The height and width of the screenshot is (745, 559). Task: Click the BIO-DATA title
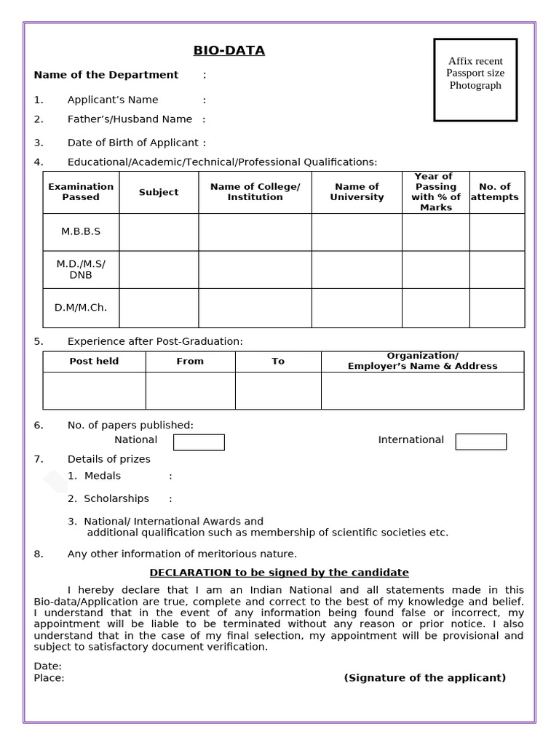pos(229,50)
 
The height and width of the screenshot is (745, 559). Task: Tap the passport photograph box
pos(475,79)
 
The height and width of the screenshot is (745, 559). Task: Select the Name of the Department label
pos(106,75)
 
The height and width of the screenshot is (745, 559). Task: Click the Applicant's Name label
pos(113,100)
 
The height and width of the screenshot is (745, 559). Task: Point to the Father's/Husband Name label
pos(130,119)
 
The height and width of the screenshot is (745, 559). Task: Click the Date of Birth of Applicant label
pos(132,143)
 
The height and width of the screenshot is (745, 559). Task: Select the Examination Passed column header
pos(81,192)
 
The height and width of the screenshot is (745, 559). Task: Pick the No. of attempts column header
pos(495,192)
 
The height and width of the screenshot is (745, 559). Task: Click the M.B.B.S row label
pos(81,231)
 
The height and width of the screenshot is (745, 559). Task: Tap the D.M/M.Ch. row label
pos(81,308)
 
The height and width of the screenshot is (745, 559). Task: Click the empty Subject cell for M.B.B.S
pos(159,231)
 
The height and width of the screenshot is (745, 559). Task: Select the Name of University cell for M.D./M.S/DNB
pos(357,269)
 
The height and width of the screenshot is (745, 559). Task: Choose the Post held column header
pos(94,362)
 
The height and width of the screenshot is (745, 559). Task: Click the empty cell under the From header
pos(190,391)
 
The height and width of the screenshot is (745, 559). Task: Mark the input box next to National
pos(199,442)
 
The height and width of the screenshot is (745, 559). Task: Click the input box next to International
pos(480,442)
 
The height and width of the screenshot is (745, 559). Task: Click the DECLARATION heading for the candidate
pos(279,573)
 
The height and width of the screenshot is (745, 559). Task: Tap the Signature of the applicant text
pos(424,678)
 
